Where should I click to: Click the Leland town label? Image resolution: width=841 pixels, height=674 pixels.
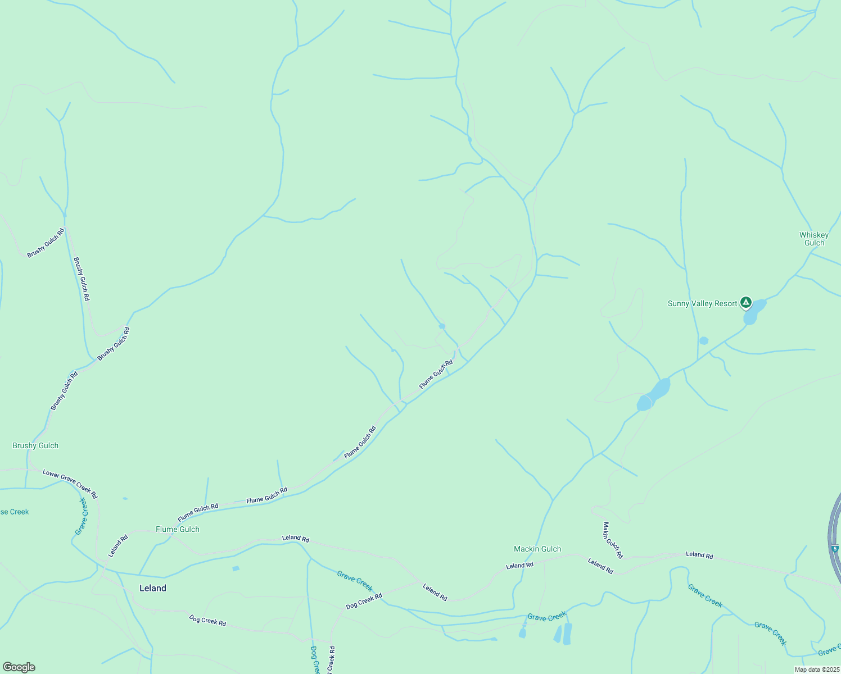[x=152, y=588]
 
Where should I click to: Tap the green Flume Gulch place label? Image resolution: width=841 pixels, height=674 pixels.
[x=177, y=529]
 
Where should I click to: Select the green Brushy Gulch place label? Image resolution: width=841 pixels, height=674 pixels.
[x=35, y=445]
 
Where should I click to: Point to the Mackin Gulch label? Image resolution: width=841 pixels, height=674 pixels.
[x=537, y=549]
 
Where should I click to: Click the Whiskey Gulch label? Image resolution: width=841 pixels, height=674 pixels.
[x=813, y=239]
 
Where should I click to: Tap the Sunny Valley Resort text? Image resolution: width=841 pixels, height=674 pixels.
[x=702, y=303]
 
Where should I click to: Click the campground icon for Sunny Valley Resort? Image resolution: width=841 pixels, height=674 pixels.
[x=745, y=303]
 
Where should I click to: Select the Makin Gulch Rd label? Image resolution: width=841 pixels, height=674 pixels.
[x=612, y=540]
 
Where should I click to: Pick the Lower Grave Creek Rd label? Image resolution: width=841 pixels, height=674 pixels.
[x=70, y=484]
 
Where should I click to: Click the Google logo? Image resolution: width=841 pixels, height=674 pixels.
[x=19, y=667]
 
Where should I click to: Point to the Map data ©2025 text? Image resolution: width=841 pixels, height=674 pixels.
[x=816, y=670]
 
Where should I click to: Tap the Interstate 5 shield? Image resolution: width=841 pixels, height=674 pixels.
[x=835, y=548]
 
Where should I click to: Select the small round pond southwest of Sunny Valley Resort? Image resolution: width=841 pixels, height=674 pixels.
[x=703, y=340]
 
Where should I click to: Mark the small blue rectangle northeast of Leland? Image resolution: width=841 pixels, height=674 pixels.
[x=236, y=568]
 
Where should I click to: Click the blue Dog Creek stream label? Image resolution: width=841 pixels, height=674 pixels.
[x=315, y=660]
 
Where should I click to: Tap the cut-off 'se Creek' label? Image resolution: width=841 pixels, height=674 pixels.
[x=14, y=512]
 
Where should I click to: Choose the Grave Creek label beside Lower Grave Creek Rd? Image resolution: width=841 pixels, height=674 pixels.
[x=82, y=516]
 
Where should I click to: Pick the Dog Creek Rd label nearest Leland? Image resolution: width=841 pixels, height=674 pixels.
[x=207, y=620]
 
